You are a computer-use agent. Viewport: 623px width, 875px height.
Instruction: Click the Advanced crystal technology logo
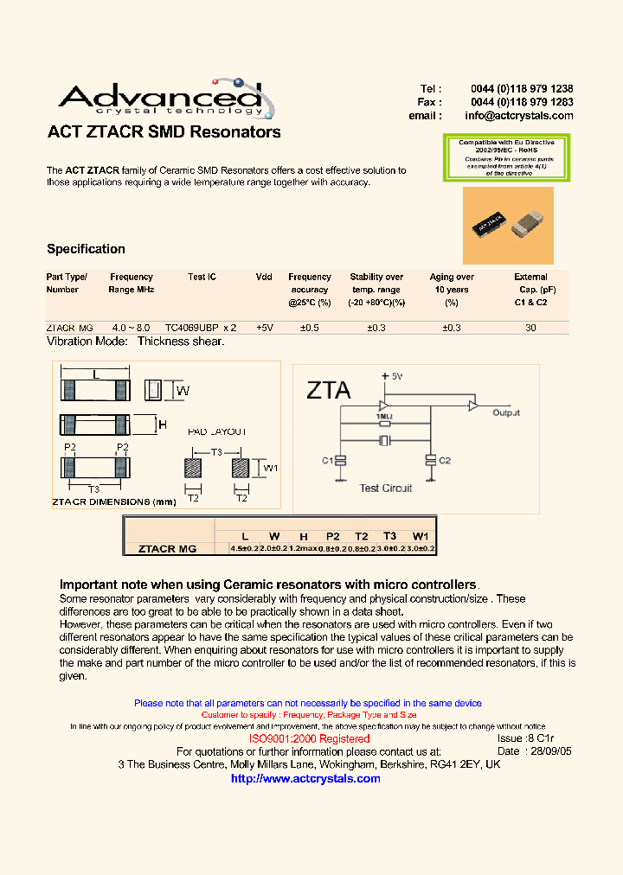coord(160,99)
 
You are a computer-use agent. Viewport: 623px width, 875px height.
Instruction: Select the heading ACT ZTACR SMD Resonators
coord(164,132)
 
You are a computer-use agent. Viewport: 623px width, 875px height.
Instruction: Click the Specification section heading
coord(86,249)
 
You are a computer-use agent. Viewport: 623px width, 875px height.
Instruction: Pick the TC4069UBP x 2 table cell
coord(201,328)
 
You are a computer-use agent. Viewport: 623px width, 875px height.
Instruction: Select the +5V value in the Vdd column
coord(264,328)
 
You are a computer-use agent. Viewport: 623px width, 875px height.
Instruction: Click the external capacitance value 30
coord(530,328)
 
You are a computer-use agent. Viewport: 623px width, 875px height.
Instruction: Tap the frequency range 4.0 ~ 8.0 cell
coord(131,328)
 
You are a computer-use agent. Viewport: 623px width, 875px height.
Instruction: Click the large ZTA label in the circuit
coord(329,390)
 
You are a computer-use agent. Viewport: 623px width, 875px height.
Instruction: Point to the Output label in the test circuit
coord(506,413)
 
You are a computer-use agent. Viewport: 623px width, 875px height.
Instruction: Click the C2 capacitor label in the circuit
coord(445,461)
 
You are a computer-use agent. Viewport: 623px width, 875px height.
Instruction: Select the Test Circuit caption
coord(386,488)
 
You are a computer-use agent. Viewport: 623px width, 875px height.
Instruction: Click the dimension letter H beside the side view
coord(162,424)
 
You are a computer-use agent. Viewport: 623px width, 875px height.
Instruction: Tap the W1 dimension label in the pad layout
coord(271,468)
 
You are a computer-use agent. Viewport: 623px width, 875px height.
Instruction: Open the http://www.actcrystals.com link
coord(305,778)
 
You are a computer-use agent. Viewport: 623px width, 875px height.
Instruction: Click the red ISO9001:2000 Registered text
coord(309,739)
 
